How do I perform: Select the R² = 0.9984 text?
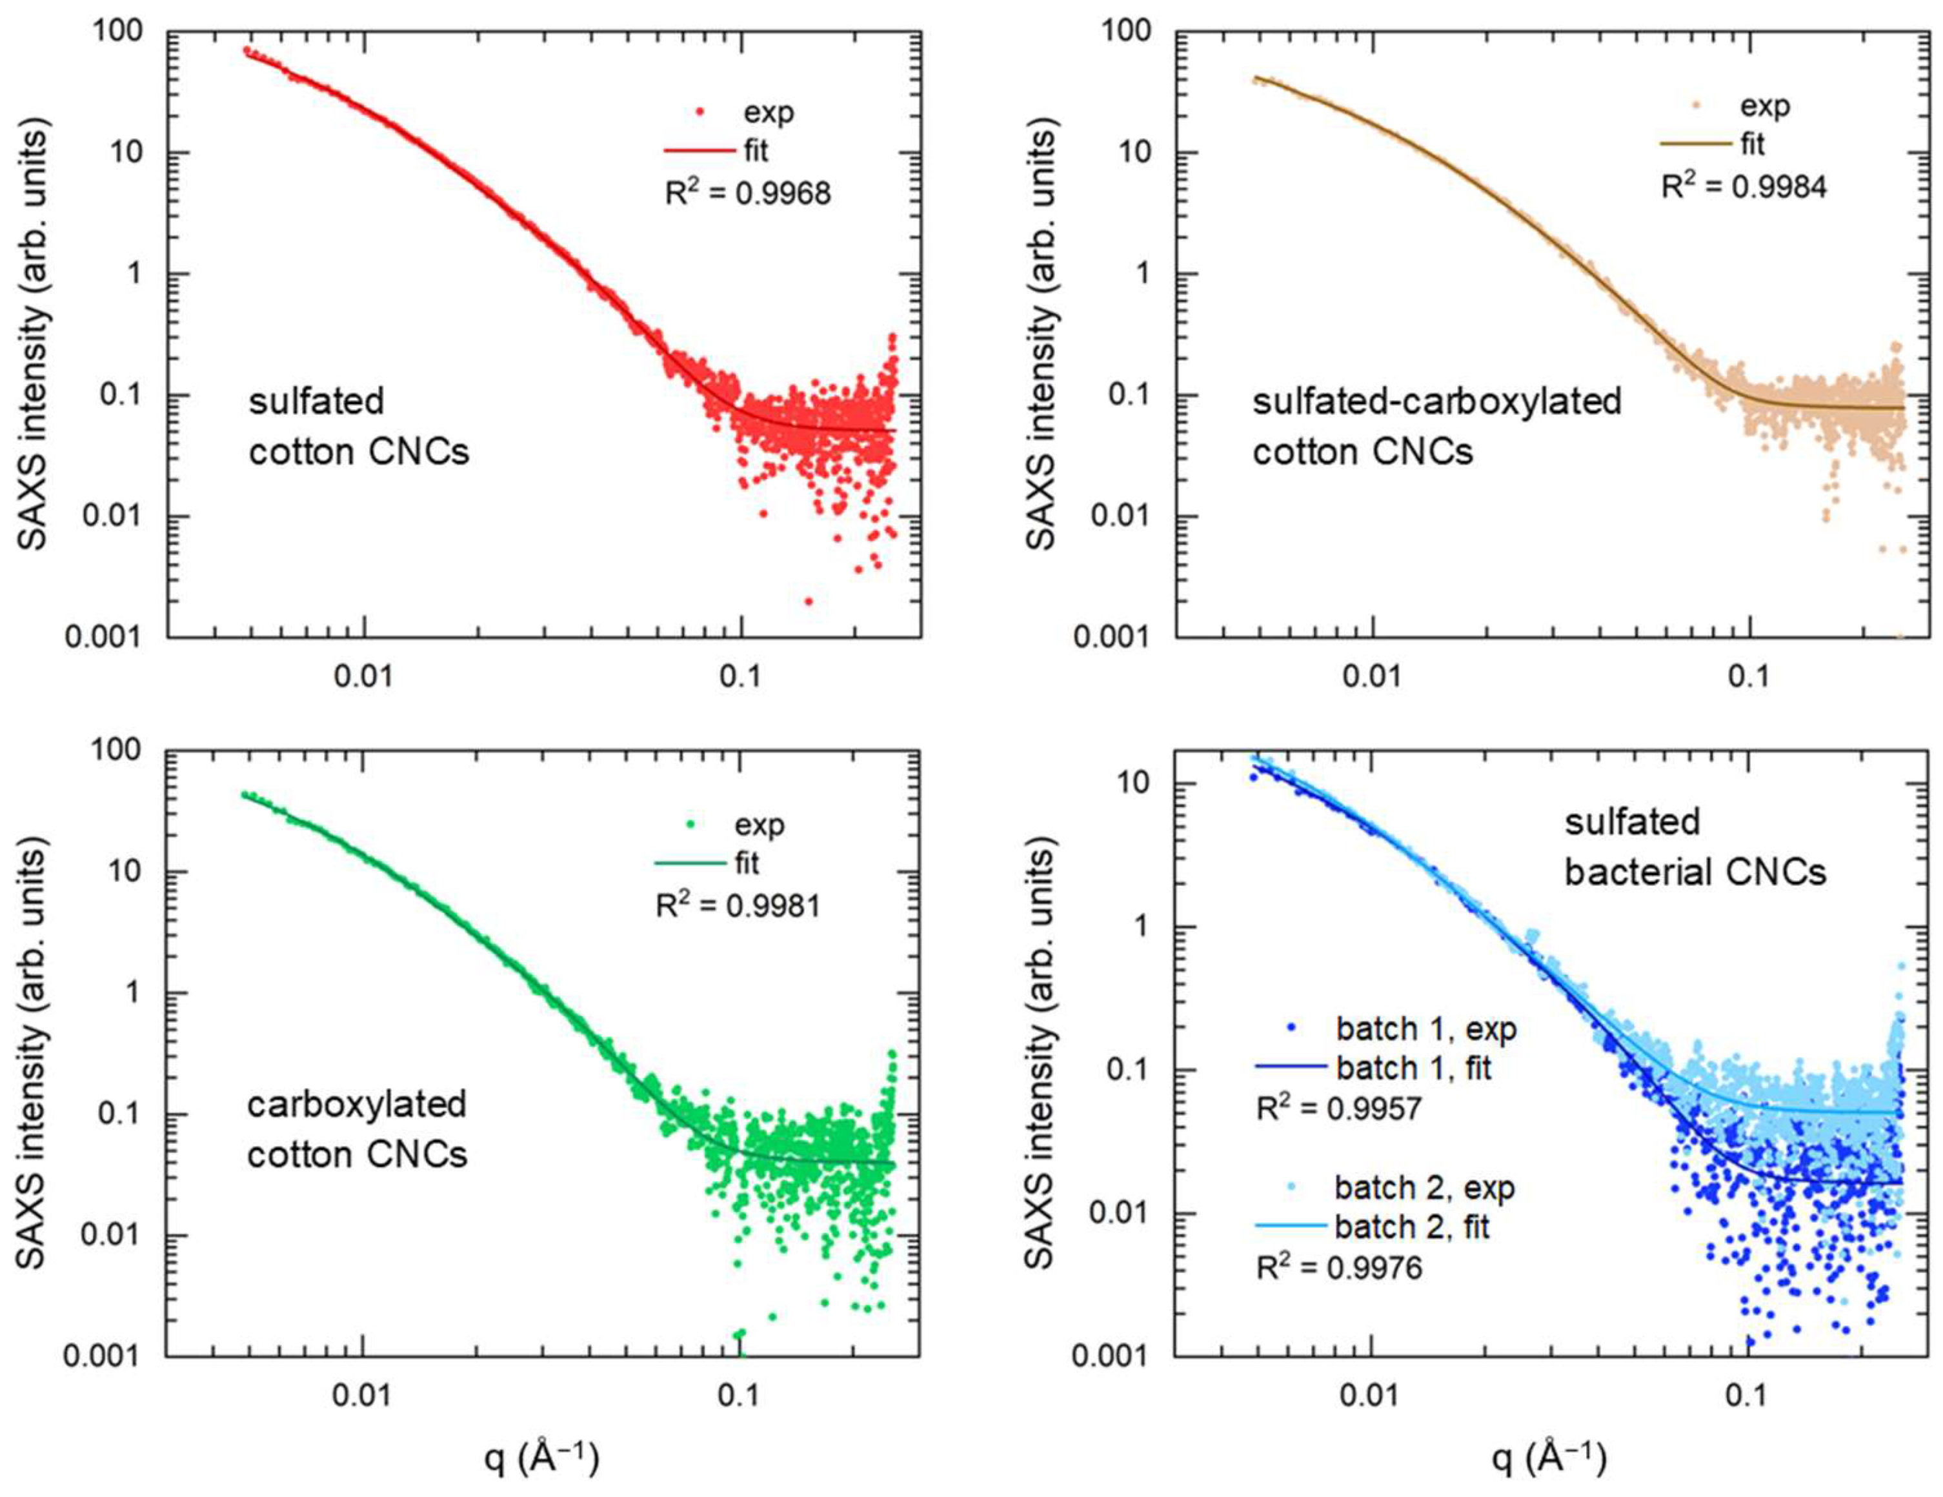coord(1744,186)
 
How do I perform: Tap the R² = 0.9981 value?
coord(738,905)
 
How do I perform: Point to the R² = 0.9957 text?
coord(1339,1109)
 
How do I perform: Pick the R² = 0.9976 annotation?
coord(1339,1267)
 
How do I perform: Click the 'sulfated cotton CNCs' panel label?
coord(359,427)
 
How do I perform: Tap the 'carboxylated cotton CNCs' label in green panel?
coord(357,1130)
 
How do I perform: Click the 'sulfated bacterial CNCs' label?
coord(1695,847)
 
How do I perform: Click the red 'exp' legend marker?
coord(700,112)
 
